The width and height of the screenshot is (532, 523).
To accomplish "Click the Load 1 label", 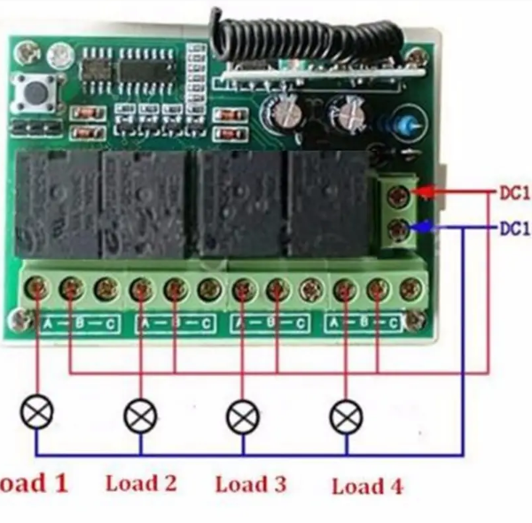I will click(x=34, y=483).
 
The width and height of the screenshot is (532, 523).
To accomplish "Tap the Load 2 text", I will click(x=141, y=483).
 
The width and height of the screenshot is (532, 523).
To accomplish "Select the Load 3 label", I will click(x=251, y=484).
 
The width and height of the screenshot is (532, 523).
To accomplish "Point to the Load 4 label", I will click(x=366, y=486).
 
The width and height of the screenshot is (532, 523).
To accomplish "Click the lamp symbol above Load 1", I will click(x=38, y=410).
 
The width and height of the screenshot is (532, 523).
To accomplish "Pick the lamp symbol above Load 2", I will click(x=139, y=414).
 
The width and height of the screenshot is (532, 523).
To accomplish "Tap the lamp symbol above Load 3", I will click(x=242, y=414).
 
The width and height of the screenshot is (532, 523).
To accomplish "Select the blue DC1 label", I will click(x=514, y=229).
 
